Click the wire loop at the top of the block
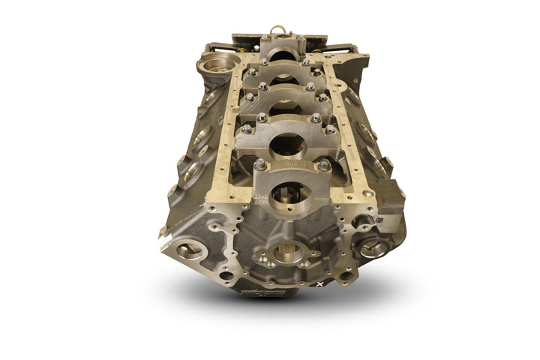pyautogui.click(x=279, y=31)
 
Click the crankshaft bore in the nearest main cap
pyautogui.click(x=289, y=196)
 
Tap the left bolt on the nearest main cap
pyautogui.click(x=259, y=164)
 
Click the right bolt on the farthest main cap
pyautogui.click(x=301, y=39)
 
